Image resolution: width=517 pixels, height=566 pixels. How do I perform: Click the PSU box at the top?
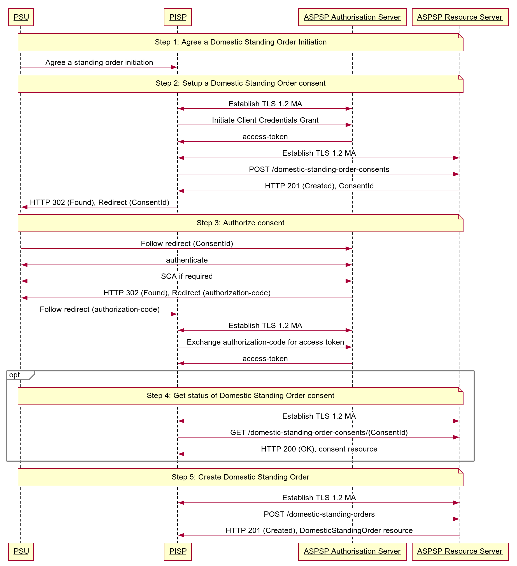(21, 17)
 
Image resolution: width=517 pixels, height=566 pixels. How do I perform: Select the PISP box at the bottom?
(178, 551)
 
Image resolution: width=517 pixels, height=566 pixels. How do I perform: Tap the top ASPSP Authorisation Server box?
(352, 17)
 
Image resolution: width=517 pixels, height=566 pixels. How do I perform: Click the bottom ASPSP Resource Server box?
(460, 551)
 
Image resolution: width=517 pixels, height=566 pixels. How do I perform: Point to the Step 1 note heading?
(241, 42)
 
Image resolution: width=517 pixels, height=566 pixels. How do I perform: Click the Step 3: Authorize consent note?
(240, 223)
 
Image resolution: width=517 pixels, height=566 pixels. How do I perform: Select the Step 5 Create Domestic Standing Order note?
(240, 477)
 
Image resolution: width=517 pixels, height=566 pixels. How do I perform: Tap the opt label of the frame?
(15, 375)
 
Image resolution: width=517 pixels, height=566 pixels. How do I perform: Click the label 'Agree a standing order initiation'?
(99, 62)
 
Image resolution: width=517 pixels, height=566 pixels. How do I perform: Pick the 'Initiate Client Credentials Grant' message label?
(265, 120)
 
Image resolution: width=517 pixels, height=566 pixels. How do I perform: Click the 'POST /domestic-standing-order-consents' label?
(319, 169)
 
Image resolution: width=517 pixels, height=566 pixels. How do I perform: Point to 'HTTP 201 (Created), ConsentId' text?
(319, 186)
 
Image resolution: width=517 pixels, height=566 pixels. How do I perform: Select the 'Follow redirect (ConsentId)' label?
(187, 244)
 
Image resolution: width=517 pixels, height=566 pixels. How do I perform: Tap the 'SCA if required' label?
(187, 276)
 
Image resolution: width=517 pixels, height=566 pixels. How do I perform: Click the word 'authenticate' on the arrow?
(187, 260)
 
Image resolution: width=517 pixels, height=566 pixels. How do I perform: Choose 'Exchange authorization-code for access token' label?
(265, 342)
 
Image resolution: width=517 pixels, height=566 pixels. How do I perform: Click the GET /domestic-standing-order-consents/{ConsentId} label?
(319, 432)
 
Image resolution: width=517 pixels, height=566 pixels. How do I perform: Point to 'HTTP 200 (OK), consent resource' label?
(319, 449)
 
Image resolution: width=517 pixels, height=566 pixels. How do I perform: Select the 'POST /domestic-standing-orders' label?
(319, 514)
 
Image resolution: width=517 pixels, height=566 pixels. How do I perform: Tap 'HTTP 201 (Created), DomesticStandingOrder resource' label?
(319, 530)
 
